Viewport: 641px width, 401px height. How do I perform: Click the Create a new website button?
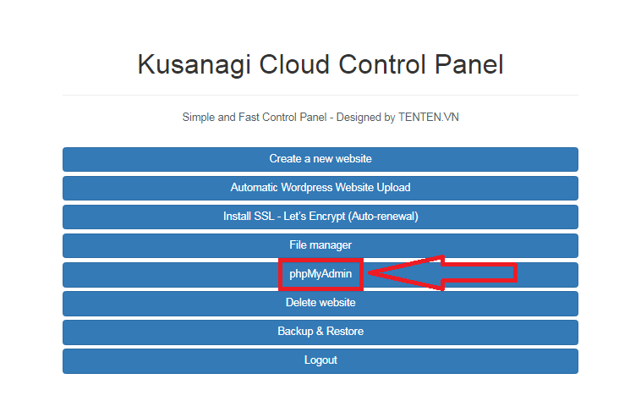click(320, 159)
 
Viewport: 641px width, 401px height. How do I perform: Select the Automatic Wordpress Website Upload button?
click(320, 188)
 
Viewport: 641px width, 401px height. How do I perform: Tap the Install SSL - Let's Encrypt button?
click(320, 217)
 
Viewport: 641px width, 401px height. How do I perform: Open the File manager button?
click(320, 245)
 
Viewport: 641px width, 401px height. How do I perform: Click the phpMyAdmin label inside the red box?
click(320, 274)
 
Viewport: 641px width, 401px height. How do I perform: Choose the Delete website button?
click(320, 304)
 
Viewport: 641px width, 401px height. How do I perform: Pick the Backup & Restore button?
click(320, 332)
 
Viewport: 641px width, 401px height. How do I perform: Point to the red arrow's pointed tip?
click(369, 273)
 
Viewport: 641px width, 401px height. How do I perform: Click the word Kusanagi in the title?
click(194, 64)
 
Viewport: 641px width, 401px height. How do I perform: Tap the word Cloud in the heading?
click(294, 64)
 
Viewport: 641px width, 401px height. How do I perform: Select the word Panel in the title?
click(468, 64)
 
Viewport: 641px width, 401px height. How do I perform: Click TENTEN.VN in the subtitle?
click(429, 118)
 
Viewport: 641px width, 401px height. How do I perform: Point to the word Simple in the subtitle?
click(199, 118)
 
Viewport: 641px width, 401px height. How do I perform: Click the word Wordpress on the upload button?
click(307, 188)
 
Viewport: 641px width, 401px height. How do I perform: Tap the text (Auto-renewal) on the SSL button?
click(383, 217)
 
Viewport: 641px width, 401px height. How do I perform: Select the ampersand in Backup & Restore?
click(320, 331)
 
